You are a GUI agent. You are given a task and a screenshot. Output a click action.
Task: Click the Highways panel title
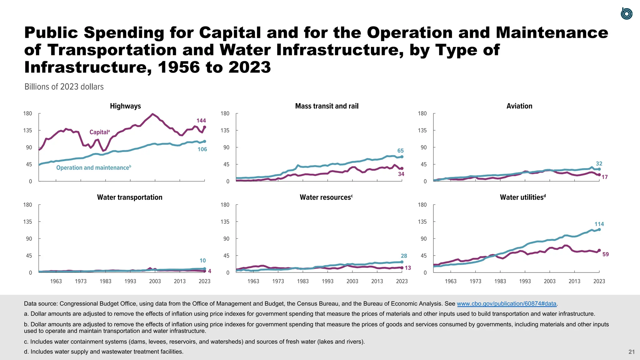pyautogui.click(x=125, y=106)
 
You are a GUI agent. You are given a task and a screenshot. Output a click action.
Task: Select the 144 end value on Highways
pyautogui.click(x=201, y=121)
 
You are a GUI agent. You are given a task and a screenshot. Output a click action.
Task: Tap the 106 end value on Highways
pyautogui.click(x=202, y=149)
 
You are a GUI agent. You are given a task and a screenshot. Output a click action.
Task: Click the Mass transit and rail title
pyautogui.click(x=327, y=106)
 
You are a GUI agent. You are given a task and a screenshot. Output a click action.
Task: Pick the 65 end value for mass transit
pyautogui.click(x=400, y=151)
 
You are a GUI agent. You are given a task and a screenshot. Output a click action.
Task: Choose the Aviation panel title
pyautogui.click(x=519, y=106)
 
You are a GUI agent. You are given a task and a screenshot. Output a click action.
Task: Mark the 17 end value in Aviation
pyautogui.click(x=605, y=177)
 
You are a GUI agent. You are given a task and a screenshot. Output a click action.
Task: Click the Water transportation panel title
pyautogui.click(x=130, y=197)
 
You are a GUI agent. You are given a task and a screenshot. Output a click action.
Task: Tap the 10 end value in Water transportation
pyautogui.click(x=202, y=261)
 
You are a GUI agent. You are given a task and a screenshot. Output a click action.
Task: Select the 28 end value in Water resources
pyautogui.click(x=404, y=256)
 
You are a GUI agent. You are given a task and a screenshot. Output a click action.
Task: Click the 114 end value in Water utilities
pyautogui.click(x=599, y=224)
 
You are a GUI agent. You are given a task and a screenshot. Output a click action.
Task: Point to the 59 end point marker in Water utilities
pyautogui.click(x=599, y=250)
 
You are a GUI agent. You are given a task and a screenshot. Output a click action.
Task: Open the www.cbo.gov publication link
pyautogui.click(x=507, y=304)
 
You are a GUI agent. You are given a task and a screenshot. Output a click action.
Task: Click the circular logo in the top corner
pyautogui.click(x=626, y=14)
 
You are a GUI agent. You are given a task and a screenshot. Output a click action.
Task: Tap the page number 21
pyautogui.click(x=632, y=352)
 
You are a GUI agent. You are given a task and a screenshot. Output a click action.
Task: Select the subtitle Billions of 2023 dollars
pyautogui.click(x=64, y=87)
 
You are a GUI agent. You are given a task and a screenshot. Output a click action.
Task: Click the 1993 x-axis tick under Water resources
pyautogui.click(x=327, y=281)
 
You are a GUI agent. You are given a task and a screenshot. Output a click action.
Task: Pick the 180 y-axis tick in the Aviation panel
pyautogui.click(x=422, y=113)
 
